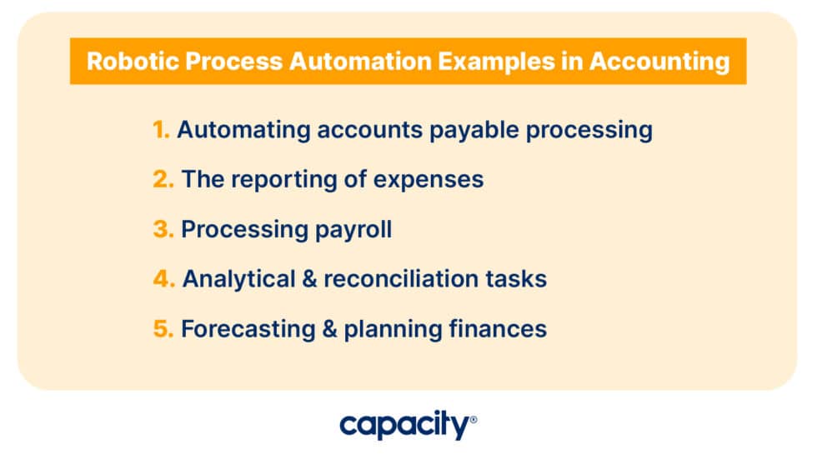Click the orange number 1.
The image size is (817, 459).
[161, 130]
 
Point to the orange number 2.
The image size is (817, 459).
[163, 179]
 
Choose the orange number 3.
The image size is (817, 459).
[163, 229]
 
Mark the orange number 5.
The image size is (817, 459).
[163, 329]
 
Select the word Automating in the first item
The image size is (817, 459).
[245, 131]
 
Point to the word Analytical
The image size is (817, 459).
[238, 279]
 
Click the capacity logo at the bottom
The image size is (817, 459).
[403, 427]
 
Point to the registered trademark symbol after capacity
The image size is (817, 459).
[474, 420]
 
